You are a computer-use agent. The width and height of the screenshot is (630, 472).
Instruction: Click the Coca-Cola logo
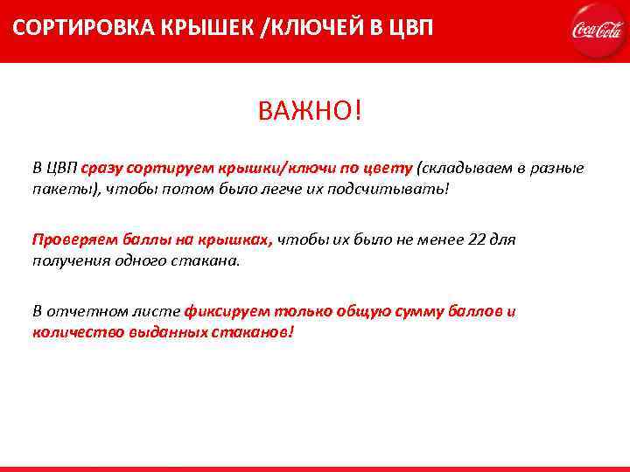click(596, 30)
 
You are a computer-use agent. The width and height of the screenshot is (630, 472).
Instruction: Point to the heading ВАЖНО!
click(309, 112)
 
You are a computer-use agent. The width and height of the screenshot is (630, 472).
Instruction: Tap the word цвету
click(391, 168)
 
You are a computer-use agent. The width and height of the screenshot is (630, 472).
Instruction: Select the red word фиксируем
click(227, 311)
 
